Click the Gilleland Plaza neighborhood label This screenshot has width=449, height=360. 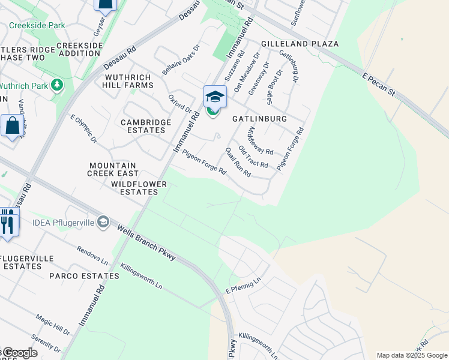(300, 44)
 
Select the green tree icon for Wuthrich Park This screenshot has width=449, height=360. (58, 85)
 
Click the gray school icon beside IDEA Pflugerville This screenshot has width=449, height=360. (103, 223)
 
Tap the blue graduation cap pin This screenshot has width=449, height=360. (215, 97)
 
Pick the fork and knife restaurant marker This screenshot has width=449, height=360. (7, 222)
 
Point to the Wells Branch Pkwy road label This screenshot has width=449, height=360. (146, 242)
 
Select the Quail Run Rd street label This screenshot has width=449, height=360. (238, 162)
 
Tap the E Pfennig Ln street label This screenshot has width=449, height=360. (244, 286)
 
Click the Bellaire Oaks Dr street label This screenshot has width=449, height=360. (180, 60)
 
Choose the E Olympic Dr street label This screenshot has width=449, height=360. (83, 129)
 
